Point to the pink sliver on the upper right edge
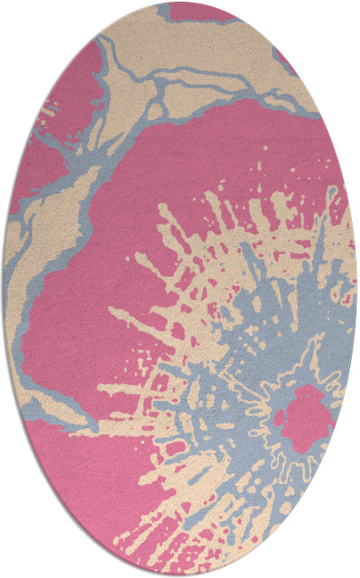coord(287,62)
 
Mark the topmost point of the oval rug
coord(180,3)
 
